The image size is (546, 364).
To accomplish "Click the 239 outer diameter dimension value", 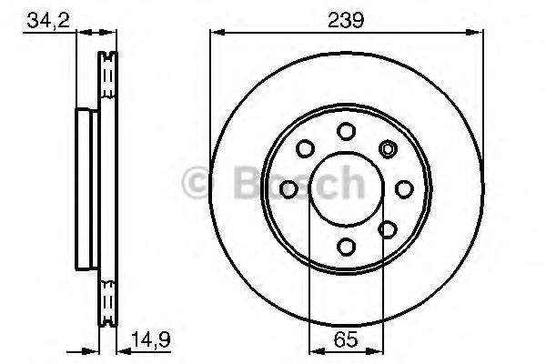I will (x=346, y=19).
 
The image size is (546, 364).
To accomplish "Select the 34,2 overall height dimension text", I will (x=47, y=19).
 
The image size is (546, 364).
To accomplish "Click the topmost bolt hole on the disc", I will (x=346, y=131).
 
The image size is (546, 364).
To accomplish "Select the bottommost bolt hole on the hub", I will (x=346, y=245).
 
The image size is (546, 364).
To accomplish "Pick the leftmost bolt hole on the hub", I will (x=289, y=188).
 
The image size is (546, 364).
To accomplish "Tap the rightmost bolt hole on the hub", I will (x=403, y=188).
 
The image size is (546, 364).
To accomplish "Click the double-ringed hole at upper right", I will (x=388, y=148).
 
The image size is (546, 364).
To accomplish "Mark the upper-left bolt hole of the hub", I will (x=305, y=147).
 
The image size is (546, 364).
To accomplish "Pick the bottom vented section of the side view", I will (x=108, y=305).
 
